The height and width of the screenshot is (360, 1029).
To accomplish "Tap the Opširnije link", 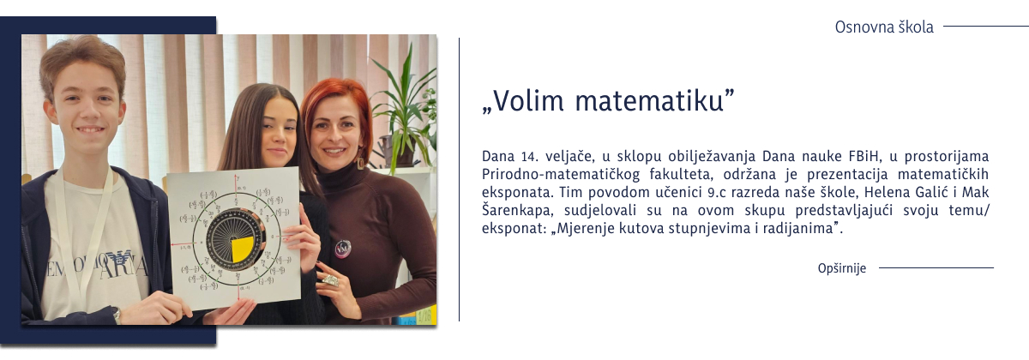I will [842, 268].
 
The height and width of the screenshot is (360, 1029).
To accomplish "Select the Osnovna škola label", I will [884, 27].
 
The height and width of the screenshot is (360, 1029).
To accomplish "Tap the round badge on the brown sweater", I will [342, 248].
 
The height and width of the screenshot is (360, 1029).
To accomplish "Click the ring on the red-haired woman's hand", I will [329, 279].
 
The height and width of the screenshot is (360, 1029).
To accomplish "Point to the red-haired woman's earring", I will [361, 163].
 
